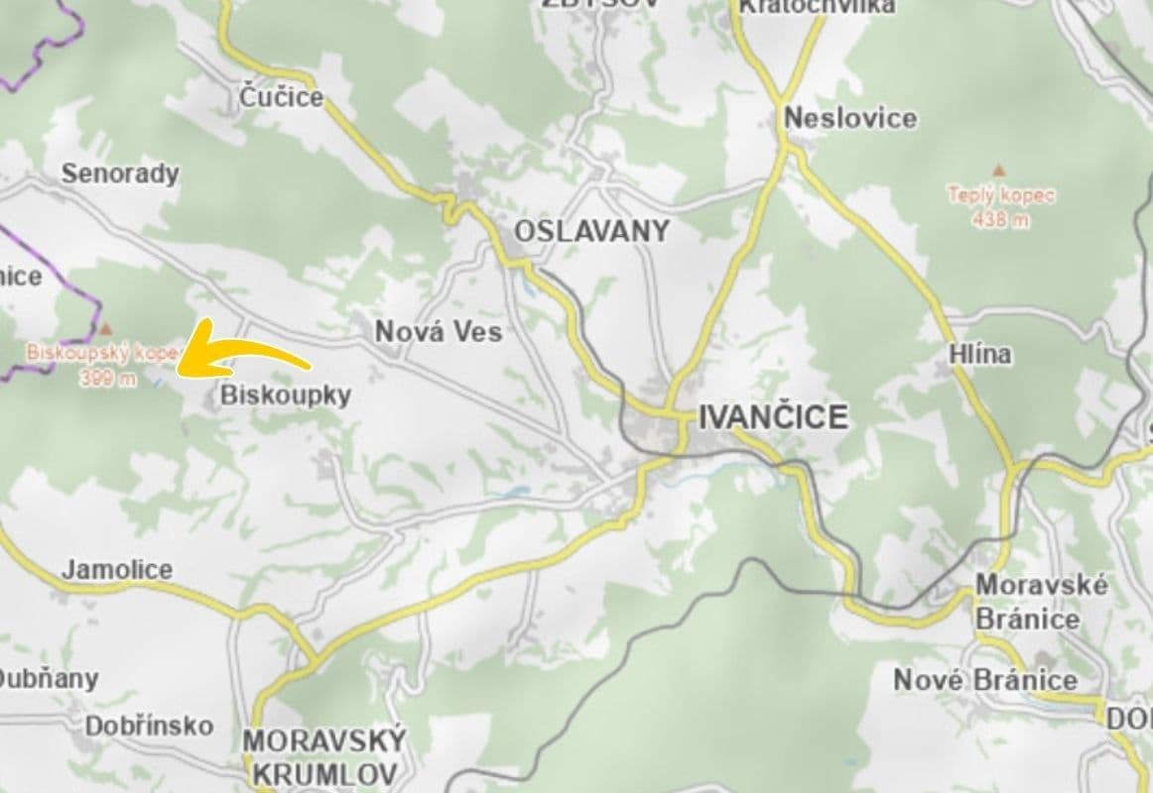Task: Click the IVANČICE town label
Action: (773, 417)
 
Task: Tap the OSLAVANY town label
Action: (591, 232)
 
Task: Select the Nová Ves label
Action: (439, 332)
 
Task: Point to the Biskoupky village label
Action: (286, 396)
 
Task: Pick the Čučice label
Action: (282, 97)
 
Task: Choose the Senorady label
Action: (120, 173)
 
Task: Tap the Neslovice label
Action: (850, 119)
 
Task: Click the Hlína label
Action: (979, 354)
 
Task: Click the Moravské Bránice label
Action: (1041, 602)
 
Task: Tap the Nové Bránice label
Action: (985, 680)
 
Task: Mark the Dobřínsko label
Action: (149, 726)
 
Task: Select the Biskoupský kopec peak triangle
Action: (106, 327)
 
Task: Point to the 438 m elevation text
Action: (1001, 220)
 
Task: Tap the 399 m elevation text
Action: (109, 380)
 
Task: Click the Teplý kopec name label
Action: (1001, 195)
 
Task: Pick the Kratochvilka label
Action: (817, 6)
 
